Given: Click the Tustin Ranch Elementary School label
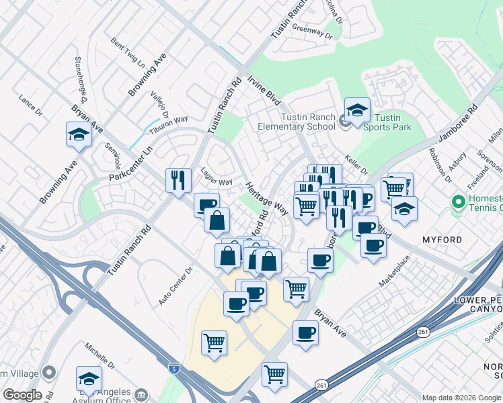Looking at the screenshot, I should (x=298, y=122).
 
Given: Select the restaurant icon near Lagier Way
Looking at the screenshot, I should (x=178, y=179).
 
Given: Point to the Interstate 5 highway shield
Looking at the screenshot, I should (x=173, y=368).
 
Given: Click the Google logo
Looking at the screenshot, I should (x=22, y=395).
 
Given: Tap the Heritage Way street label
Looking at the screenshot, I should (x=266, y=199).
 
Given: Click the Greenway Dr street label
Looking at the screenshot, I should (x=312, y=32).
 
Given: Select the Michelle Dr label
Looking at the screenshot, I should (x=100, y=359).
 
